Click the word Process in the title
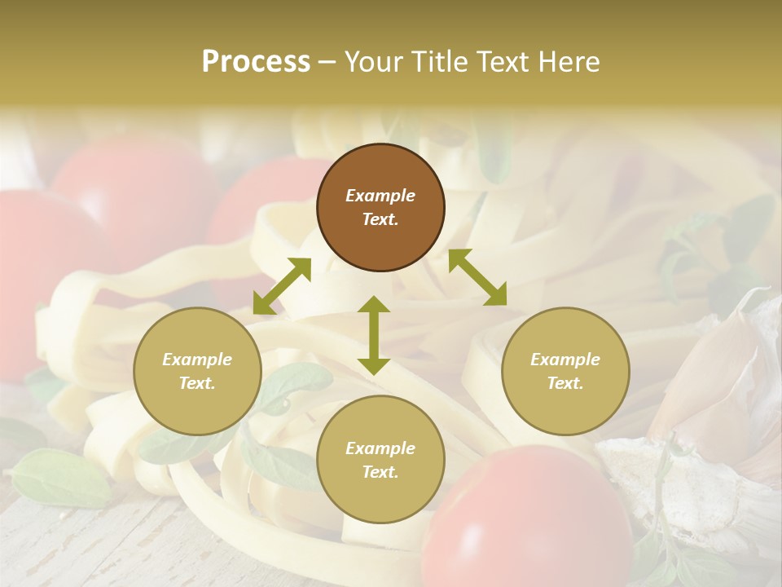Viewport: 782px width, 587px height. tap(256, 62)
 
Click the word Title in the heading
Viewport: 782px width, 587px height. tap(434, 62)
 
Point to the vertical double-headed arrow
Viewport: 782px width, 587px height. tap(374, 335)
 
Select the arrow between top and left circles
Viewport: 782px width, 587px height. tap(282, 286)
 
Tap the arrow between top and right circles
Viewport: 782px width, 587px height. tap(477, 277)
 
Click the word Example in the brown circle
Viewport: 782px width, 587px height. tap(380, 196)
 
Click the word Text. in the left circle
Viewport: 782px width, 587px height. tap(197, 383)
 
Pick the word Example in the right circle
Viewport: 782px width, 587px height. tap(565, 360)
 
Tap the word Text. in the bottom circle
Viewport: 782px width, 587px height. tap(380, 472)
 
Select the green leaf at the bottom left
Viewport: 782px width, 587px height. tap(61, 477)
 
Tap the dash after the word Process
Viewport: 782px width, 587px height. tap(327, 62)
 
